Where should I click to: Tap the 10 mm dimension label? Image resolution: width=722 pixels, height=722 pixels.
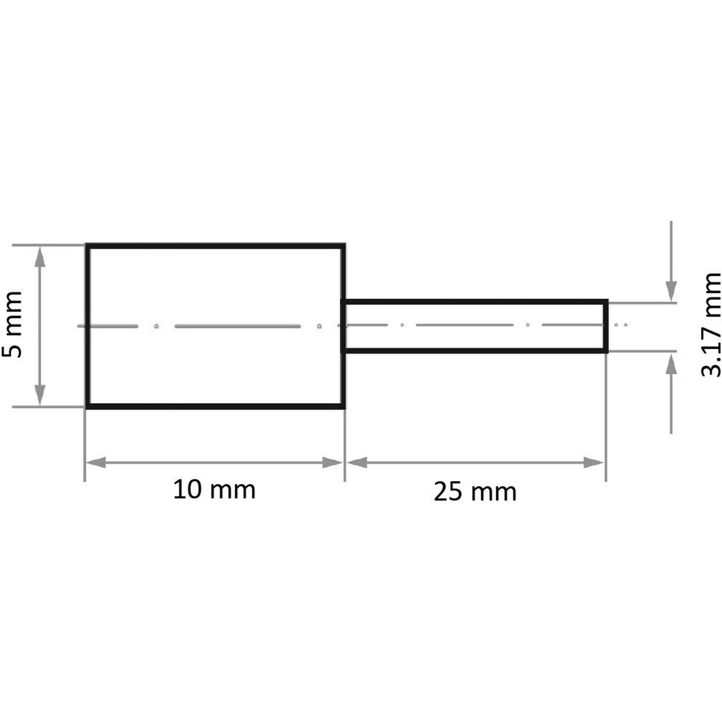214,491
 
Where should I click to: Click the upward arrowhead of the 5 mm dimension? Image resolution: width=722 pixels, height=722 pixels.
40,257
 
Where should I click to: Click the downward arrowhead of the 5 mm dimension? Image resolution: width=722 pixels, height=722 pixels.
40,395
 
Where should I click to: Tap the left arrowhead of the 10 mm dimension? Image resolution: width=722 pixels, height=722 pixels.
96,462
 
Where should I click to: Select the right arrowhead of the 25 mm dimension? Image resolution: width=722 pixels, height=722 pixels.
593,462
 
